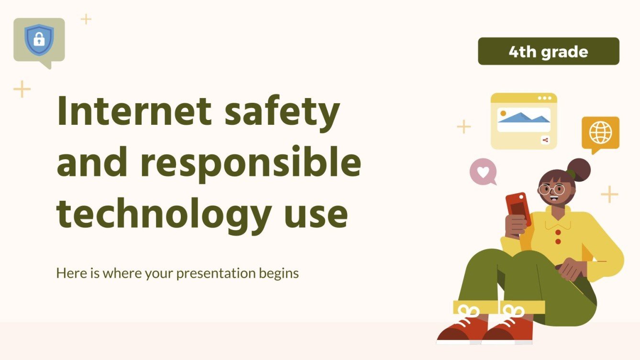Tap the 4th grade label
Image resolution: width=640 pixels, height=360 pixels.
pyautogui.click(x=548, y=52)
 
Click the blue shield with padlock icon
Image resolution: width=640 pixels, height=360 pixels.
pyautogui.click(x=39, y=40)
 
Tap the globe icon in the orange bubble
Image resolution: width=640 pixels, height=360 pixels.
pyautogui.click(x=600, y=132)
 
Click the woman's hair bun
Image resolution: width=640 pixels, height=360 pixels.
pyautogui.click(x=580, y=169)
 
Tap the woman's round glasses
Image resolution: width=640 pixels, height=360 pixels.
pyautogui.click(x=552, y=189)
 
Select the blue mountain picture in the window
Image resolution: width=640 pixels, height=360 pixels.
pyautogui.click(x=523, y=118)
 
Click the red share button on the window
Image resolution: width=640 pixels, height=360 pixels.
pyautogui.click(x=545, y=140)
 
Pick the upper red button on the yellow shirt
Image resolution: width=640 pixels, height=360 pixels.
pyautogui.click(x=558, y=232)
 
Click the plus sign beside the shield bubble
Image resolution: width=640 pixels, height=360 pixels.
pyautogui.click(x=86, y=19)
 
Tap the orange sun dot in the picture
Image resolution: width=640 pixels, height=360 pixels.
pyautogui.click(x=503, y=113)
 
